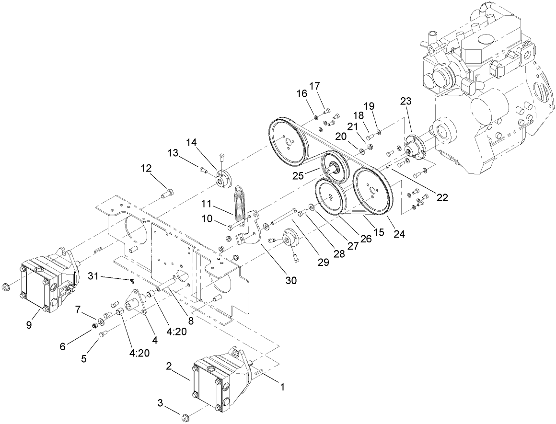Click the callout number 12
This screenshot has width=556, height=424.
pos(146,168)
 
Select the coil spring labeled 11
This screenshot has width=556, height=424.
pos(240,202)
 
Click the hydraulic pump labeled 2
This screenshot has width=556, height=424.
pos(213,383)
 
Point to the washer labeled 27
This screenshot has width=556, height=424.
pos(312,207)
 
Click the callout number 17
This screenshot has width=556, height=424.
pos(314,86)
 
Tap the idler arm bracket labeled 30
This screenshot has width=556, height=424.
pos(252,234)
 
